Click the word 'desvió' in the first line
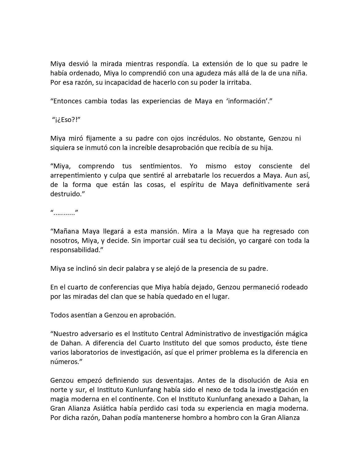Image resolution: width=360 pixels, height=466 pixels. [74, 64]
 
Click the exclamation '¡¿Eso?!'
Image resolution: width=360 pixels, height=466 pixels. [66, 120]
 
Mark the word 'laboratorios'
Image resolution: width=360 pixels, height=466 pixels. [92, 352]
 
